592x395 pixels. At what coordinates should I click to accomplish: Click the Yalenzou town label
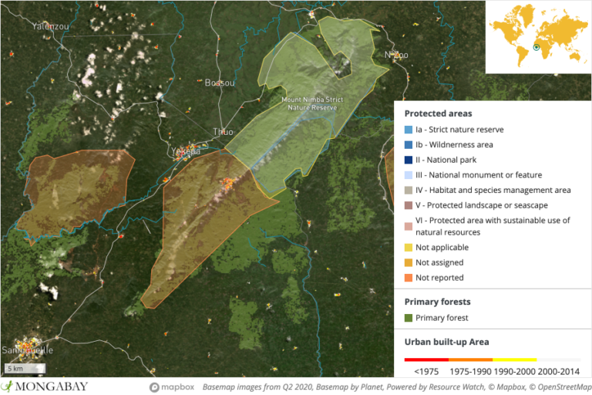[51, 26]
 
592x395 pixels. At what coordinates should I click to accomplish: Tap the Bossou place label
[219, 83]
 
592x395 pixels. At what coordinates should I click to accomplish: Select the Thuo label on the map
[223, 132]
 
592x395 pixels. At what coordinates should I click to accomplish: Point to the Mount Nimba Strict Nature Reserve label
[311, 104]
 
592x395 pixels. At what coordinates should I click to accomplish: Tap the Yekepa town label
[187, 151]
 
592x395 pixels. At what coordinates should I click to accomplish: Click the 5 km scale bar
[25, 368]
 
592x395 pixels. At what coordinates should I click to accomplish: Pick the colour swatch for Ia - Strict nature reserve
[409, 130]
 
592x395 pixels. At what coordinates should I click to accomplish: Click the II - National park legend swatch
[409, 160]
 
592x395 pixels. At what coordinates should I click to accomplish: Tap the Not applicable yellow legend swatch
[409, 248]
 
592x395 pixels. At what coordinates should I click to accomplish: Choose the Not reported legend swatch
[409, 278]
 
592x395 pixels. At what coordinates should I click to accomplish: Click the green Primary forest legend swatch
[409, 318]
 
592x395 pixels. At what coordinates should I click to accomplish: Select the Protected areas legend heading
[438, 113]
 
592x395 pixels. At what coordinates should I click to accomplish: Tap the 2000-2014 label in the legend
[560, 372]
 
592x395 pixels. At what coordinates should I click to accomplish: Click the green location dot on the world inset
[536, 48]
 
